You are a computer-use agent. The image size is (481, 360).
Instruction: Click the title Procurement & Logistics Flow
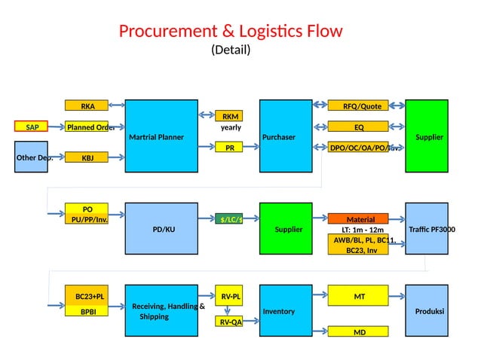(x=230, y=31)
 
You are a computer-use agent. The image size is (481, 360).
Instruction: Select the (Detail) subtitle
(x=230, y=50)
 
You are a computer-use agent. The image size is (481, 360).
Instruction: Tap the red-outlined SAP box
(x=32, y=127)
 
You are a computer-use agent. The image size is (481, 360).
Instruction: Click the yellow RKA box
(x=87, y=105)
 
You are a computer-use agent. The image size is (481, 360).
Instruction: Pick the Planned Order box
(x=87, y=127)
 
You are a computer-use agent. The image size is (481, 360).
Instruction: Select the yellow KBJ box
(x=87, y=157)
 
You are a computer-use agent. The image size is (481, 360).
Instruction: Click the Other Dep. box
(x=32, y=157)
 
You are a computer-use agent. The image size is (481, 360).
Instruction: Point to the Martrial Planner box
(x=161, y=136)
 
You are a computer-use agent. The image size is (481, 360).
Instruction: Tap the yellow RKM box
(x=230, y=116)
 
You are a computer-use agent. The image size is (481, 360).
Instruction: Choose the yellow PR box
(x=230, y=148)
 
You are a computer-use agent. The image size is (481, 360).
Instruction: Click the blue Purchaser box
(x=286, y=136)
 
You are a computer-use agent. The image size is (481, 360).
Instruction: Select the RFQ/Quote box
(x=357, y=105)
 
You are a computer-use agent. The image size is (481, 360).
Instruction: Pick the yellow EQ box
(x=357, y=127)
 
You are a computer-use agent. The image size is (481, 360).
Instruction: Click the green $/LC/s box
(x=230, y=219)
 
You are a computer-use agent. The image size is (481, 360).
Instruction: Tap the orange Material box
(x=357, y=219)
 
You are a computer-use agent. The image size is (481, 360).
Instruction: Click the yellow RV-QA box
(x=230, y=322)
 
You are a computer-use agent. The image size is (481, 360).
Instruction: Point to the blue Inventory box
(x=286, y=310)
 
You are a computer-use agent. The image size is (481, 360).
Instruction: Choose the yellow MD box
(x=357, y=331)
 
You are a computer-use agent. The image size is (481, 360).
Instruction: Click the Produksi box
(x=427, y=310)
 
